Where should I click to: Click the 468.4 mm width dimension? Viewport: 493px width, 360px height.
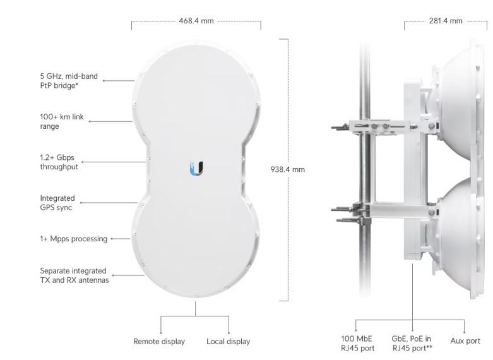(x=196, y=21)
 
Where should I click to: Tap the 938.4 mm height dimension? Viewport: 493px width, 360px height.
(x=287, y=169)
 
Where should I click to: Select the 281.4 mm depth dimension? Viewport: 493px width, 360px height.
(x=446, y=21)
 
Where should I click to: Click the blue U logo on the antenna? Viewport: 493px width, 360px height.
(x=196, y=169)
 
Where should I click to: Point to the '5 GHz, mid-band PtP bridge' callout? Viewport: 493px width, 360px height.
(x=69, y=81)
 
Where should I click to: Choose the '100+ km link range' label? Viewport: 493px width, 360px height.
(x=62, y=121)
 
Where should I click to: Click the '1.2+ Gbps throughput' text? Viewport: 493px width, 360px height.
(x=59, y=162)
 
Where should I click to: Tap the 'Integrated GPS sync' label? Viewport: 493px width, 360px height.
(x=57, y=203)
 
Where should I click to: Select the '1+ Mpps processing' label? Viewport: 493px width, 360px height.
(x=74, y=239)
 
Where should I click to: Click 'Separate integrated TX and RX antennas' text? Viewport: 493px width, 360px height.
(x=74, y=275)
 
